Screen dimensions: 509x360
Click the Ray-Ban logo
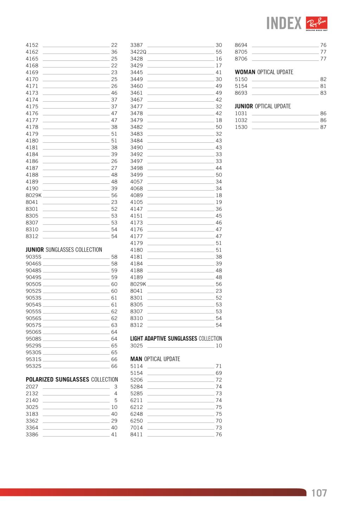coord(317,24)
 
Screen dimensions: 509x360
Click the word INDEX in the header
coord(284,24)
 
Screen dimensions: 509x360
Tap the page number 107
coord(319,493)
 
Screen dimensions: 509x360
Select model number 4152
coord(32,45)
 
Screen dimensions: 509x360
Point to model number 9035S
coord(33,257)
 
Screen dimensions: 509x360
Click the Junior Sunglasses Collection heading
coord(64,250)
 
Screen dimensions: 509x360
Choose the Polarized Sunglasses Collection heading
coord(72,380)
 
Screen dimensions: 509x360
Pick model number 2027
coord(32,387)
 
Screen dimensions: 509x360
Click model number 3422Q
coord(138,52)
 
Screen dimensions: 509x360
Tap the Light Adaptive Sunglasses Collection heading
coord(176,339)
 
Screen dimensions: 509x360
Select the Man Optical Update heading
coord(155,359)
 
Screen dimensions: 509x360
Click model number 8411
coord(136,434)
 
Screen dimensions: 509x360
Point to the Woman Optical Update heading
coord(264,72)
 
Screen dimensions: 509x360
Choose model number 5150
coord(241,79)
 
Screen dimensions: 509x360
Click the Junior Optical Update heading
coord(263,106)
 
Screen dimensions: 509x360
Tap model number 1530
coord(241,127)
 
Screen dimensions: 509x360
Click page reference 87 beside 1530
coord(323,127)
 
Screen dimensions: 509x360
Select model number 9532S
coord(33,366)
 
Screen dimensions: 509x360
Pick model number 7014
coord(136,427)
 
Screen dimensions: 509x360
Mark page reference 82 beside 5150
coord(323,79)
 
